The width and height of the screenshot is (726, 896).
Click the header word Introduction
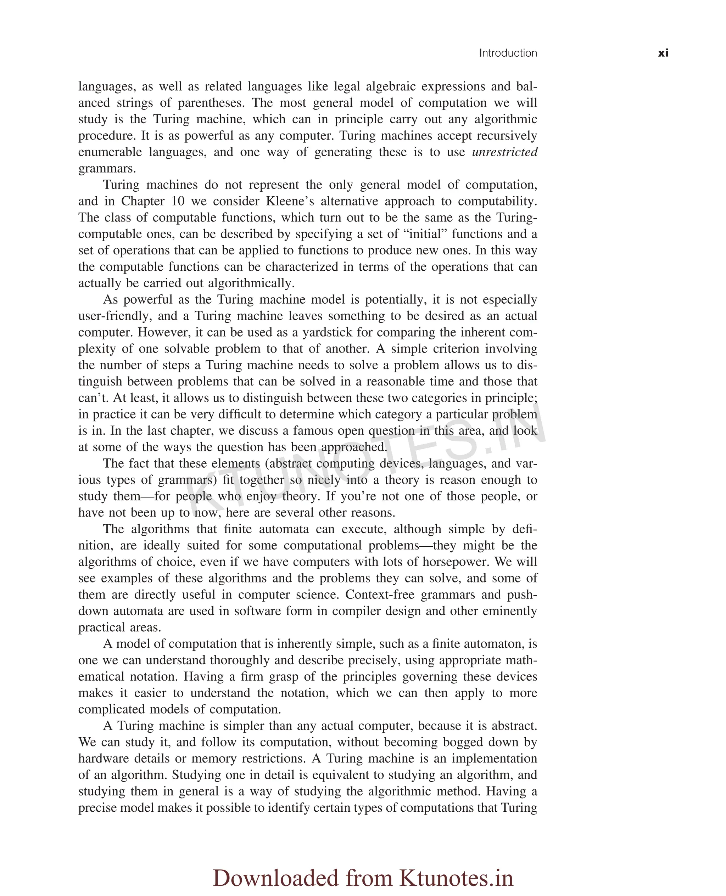tap(508, 53)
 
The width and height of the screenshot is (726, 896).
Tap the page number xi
tap(663, 53)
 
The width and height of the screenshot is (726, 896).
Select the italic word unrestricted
tap(504, 152)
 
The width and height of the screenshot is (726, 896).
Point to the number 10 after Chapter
tap(178, 201)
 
